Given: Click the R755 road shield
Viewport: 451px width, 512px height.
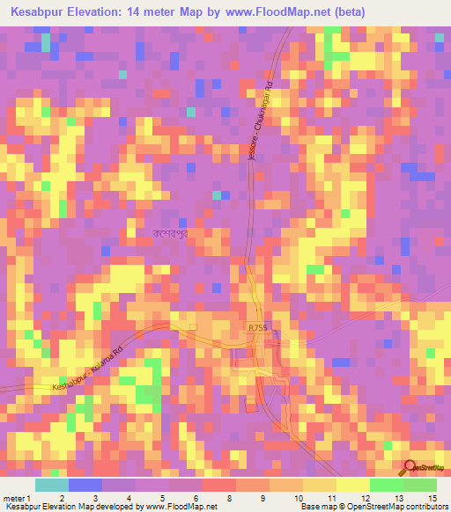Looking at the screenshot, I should point(255,326).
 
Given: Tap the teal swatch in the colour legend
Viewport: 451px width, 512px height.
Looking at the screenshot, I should point(52,485).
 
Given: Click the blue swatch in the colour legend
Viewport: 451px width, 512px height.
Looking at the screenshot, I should point(85,485).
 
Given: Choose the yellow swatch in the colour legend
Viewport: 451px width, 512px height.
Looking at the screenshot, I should point(352,485).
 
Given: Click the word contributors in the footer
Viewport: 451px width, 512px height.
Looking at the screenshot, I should point(425,507).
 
